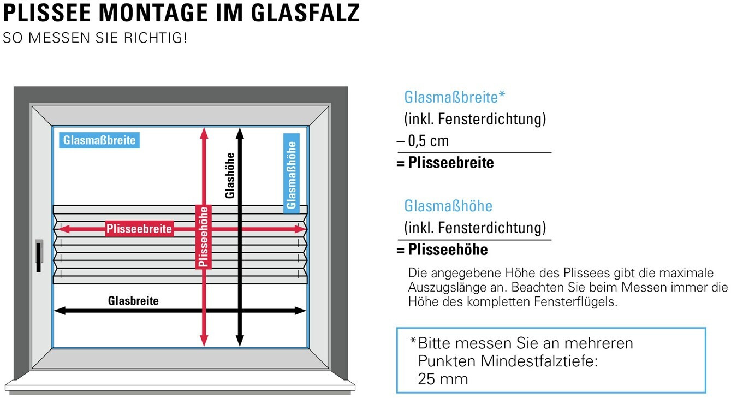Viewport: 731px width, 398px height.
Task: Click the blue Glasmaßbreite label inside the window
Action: click(99, 140)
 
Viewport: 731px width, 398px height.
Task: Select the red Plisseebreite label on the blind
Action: click(139, 229)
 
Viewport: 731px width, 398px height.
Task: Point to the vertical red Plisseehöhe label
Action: click(204, 236)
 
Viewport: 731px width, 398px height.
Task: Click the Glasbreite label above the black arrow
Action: click(133, 301)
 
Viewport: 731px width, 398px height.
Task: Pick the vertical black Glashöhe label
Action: click(230, 175)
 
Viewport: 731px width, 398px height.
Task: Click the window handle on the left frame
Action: click(39, 256)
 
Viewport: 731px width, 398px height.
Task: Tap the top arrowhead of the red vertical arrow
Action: click(204, 132)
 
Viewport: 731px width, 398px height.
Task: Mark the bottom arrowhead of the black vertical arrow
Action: click(240, 341)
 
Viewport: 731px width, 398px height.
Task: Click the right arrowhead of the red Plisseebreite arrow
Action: click(300, 229)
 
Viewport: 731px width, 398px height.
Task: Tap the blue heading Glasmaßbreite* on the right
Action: click(454, 97)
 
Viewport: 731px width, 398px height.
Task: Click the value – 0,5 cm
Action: click(423, 141)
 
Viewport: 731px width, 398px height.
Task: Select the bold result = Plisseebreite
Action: click(445, 163)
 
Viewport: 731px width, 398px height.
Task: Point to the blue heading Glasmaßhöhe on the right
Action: click(448, 206)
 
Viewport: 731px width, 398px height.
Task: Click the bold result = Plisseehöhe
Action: click(442, 250)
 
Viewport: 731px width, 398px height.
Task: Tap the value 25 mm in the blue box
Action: click(443, 379)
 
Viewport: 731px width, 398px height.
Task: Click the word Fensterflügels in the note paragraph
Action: click(578, 302)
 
